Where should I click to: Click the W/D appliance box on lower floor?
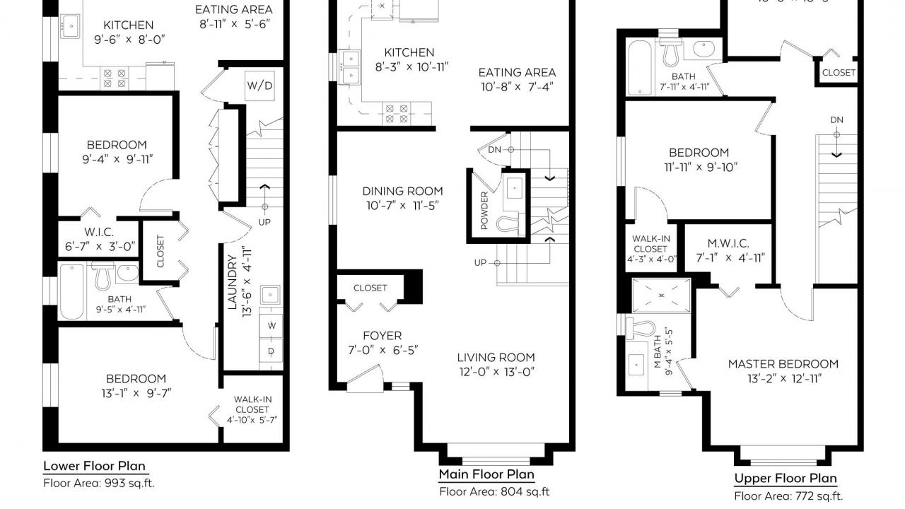coord(259,86)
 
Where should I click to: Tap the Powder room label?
coord(484,211)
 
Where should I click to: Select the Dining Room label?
coord(402,191)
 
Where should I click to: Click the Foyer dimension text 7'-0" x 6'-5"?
coord(382,350)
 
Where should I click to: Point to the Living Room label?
coord(496,358)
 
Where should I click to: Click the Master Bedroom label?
coord(783,364)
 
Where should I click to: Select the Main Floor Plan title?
coord(486,474)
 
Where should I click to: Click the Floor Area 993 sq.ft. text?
coord(98,484)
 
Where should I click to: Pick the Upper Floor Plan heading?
coord(785,479)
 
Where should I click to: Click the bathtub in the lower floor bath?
coord(71,292)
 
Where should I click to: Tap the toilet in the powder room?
coord(508,225)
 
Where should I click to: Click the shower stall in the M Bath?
coord(662,295)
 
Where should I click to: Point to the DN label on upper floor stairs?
coord(836,120)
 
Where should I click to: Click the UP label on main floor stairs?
coord(481,262)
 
